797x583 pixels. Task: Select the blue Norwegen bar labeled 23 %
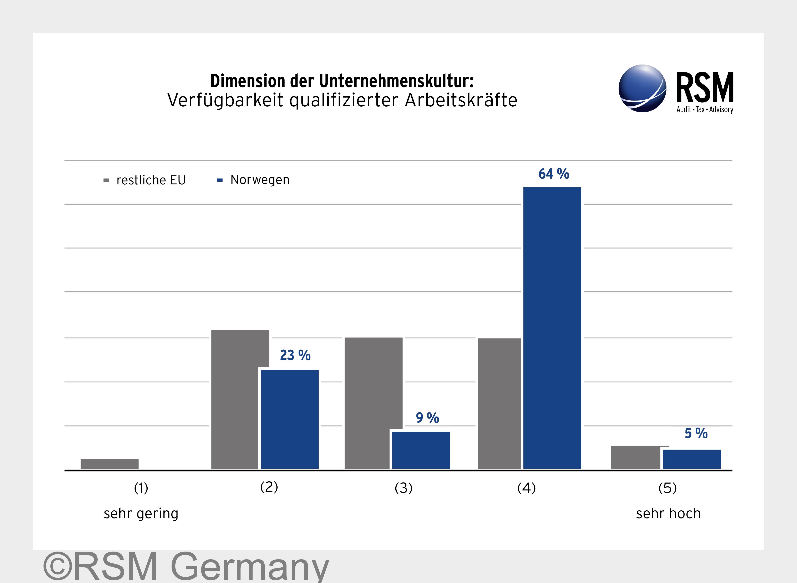pos(289,419)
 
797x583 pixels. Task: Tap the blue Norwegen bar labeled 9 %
pos(421,450)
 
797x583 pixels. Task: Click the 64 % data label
pos(553,174)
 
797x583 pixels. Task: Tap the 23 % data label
pos(295,355)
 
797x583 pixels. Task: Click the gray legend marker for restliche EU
pos(106,180)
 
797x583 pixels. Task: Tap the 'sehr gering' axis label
pos(141,513)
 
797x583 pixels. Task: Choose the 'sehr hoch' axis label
pos(668,513)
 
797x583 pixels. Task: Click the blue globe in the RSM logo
pos(642,88)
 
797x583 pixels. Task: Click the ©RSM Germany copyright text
pos(186,566)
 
